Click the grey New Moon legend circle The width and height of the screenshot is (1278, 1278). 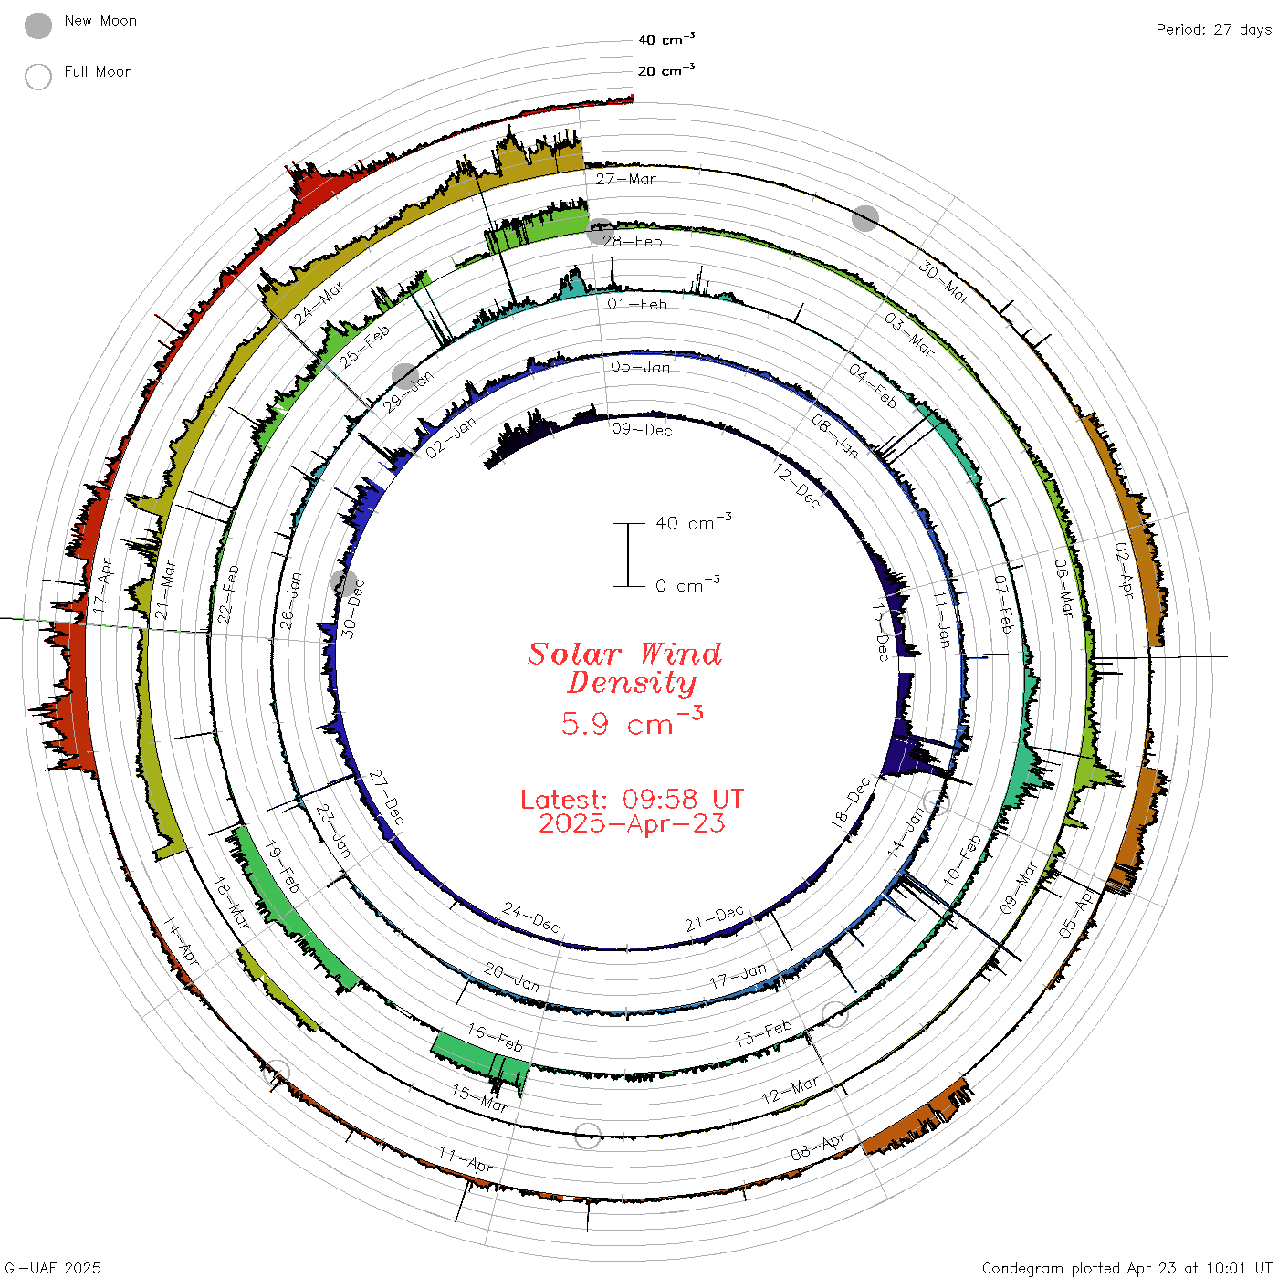(x=37, y=26)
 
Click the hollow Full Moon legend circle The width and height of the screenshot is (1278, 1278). (x=37, y=77)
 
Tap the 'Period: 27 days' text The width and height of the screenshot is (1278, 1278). (x=1213, y=30)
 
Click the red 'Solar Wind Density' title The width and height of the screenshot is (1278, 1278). (x=624, y=668)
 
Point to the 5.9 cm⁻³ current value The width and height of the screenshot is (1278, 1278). (x=632, y=721)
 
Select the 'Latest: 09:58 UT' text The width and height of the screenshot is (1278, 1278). (x=632, y=799)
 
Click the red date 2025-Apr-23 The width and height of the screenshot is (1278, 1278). (x=632, y=823)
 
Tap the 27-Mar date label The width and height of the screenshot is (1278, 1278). (x=624, y=179)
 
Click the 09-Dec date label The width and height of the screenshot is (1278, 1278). (x=642, y=430)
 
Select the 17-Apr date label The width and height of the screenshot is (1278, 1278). (x=103, y=586)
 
